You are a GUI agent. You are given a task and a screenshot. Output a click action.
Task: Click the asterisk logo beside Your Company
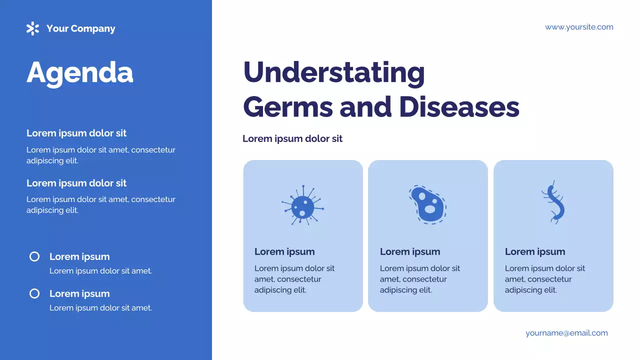point(32,28)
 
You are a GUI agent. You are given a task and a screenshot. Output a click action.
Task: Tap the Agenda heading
point(80,72)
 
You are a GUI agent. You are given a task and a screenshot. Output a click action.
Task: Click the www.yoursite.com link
point(579,27)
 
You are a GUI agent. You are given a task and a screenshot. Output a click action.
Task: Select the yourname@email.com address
point(566,333)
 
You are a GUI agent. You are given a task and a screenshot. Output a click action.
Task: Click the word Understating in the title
point(333,72)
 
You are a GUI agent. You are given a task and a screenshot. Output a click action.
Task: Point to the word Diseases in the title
point(458,106)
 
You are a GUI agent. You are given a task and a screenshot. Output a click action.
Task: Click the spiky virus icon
point(302,205)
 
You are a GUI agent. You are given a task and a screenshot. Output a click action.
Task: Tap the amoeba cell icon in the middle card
point(427,204)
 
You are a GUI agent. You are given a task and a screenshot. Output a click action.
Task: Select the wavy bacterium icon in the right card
point(553,202)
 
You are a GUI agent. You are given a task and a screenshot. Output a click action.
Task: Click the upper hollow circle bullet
point(34,256)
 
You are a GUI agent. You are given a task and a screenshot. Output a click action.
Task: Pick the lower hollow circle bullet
point(34,293)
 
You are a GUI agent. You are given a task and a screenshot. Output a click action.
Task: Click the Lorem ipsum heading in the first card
point(284,251)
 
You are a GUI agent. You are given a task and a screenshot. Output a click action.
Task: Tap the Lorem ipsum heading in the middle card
point(410,251)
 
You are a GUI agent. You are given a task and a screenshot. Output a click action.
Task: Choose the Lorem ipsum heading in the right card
point(535,251)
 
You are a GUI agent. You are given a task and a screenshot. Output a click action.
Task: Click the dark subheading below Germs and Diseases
point(292,138)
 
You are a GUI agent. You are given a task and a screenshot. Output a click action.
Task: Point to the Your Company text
point(80,28)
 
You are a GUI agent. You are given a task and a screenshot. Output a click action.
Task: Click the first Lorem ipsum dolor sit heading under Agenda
point(76,133)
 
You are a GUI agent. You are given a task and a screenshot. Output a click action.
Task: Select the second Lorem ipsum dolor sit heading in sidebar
point(76,183)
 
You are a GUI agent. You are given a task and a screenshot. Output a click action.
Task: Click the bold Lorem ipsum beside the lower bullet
point(79,293)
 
